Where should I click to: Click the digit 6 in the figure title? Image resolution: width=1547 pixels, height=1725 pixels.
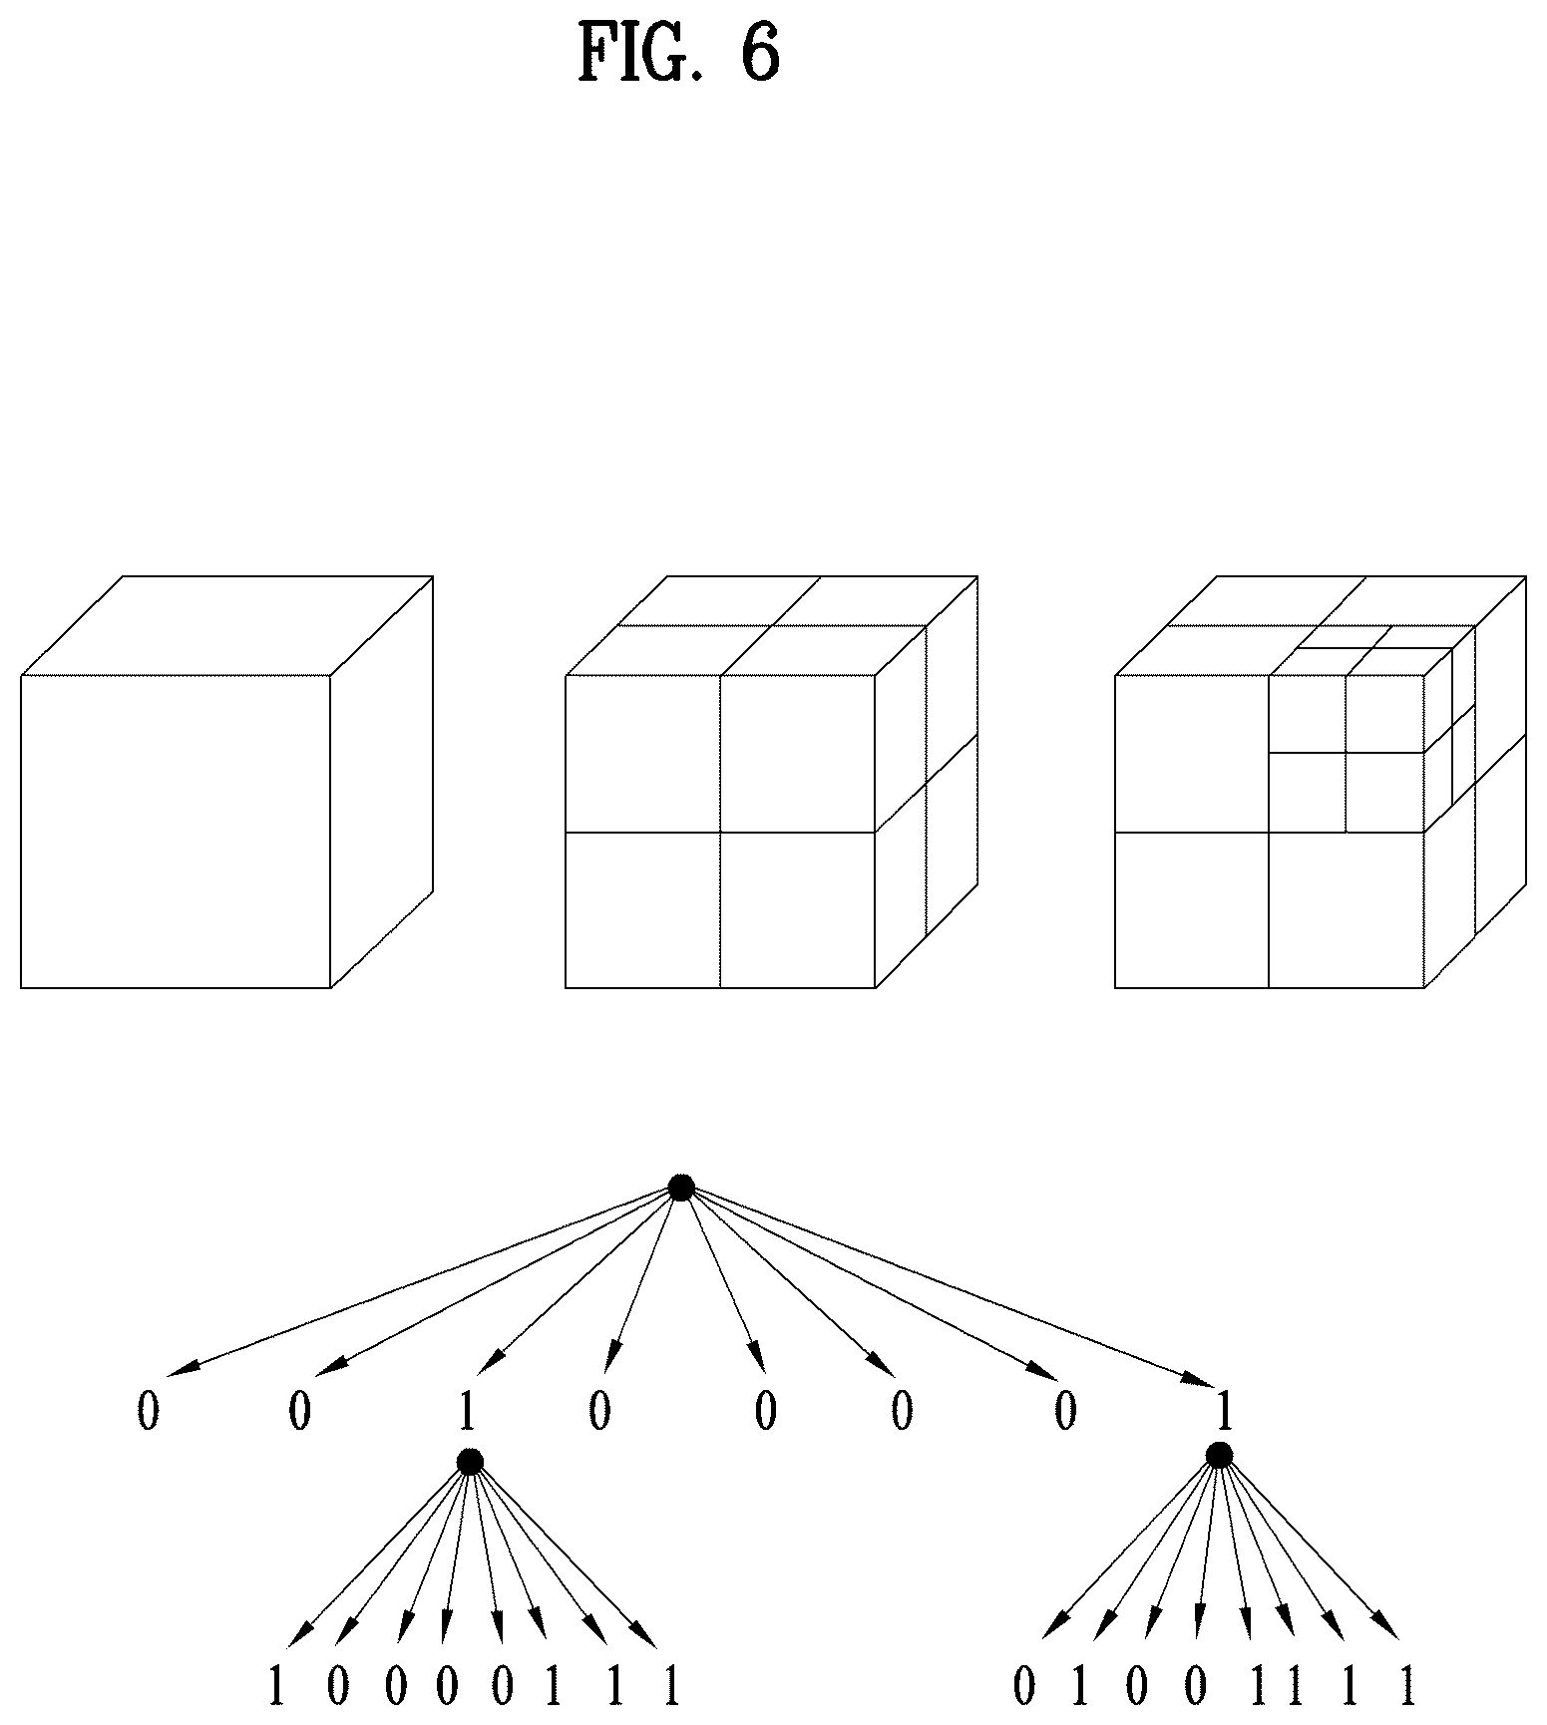coord(759,52)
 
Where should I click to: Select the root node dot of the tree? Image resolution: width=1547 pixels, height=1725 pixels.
coord(681,1188)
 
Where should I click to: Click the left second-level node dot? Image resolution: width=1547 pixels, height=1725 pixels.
coord(470,1462)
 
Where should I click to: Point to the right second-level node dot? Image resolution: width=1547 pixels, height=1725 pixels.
coord(1218,1456)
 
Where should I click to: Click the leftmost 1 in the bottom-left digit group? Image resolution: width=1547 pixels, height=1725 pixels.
coord(276,1686)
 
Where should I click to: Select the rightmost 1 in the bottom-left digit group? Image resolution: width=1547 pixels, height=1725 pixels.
coord(671,1686)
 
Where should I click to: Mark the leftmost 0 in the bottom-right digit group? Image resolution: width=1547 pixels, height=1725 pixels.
coord(1024,1686)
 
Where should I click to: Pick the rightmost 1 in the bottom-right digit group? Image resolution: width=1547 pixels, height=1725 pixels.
coord(1407,1686)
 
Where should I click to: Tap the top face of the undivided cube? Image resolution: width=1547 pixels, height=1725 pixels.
coord(226,625)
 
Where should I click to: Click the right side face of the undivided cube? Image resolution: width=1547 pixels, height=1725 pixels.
coord(382,782)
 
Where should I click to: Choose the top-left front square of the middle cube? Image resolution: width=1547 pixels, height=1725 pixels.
coord(642,754)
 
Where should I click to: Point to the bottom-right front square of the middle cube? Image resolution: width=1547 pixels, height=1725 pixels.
coord(798,909)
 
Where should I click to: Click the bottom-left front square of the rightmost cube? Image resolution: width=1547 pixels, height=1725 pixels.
coord(1192,909)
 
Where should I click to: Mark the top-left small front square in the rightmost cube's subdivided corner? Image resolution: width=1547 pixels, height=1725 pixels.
coord(1308,714)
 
